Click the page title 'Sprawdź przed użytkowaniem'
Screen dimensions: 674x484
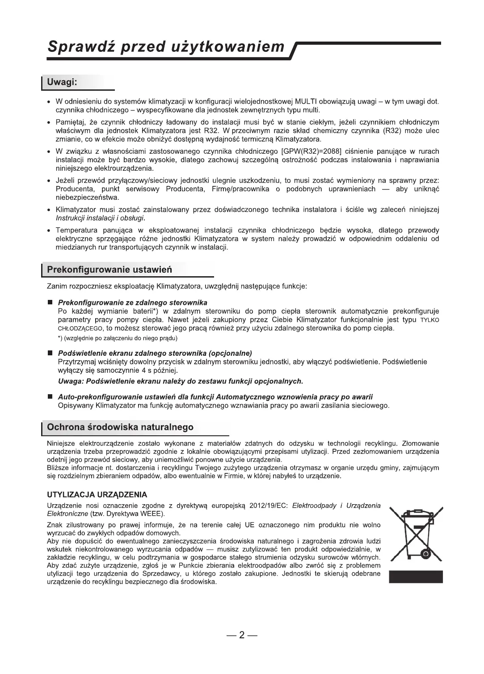[166, 46]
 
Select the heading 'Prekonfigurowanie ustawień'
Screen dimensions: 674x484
[109, 270]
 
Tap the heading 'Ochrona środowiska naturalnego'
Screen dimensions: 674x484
[120, 427]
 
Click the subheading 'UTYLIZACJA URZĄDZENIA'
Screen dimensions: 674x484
[97, 495]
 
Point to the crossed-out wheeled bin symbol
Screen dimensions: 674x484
[416, 534]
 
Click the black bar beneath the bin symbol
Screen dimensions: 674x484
[416, 577]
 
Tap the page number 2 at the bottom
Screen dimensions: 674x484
[242, 635]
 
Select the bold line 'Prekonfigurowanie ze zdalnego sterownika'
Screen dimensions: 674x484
[133, 303]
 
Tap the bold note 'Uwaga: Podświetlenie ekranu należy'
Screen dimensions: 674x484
[181, 381]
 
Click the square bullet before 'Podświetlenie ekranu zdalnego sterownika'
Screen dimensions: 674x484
[51, 353]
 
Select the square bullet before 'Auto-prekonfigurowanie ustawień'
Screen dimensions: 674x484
[51, 397]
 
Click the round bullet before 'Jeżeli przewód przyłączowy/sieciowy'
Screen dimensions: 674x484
[49, 181]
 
